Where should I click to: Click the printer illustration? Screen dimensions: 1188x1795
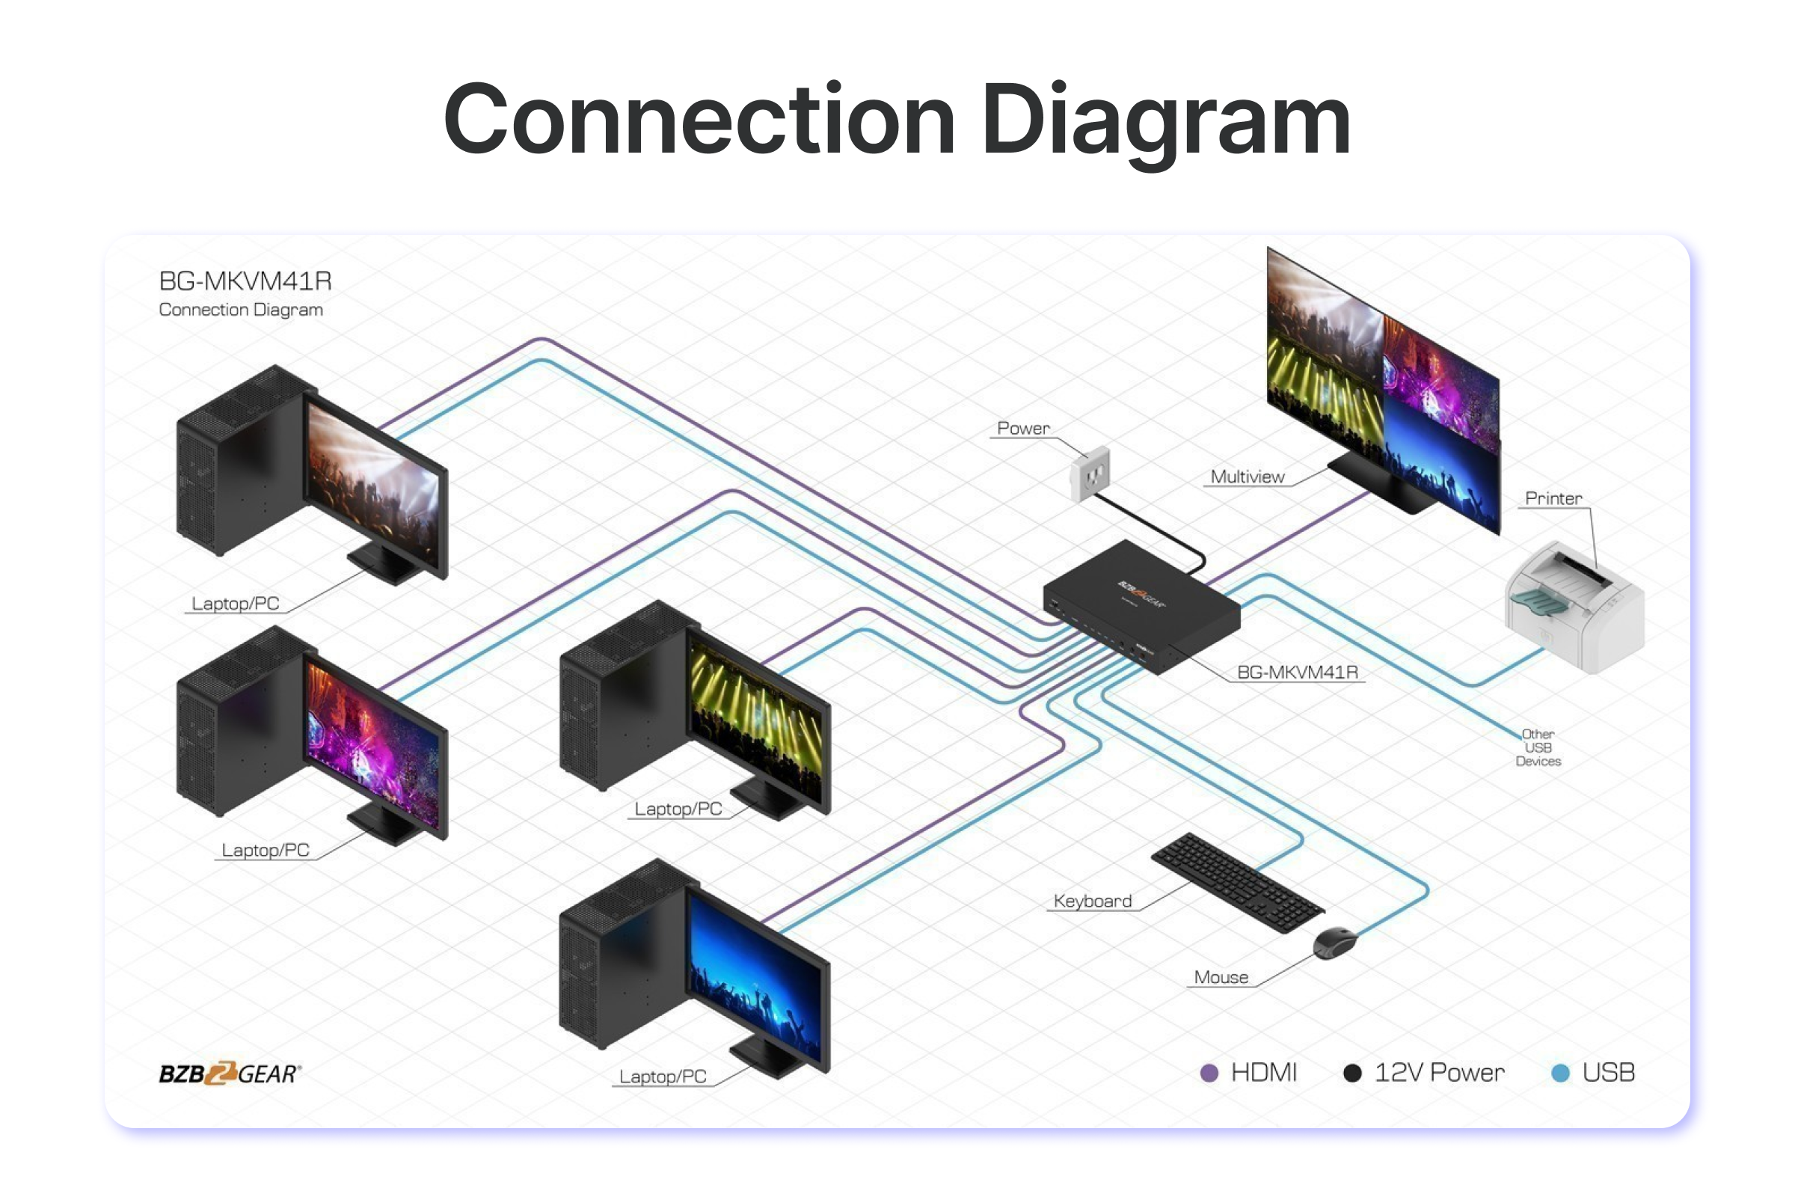pyautogui.click(x=1574, y=606)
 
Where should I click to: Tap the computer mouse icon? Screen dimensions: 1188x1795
pyautogui.click(x=1334, y=943)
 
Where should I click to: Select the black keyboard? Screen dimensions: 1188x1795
pyautogui.click(x=1238, y=882)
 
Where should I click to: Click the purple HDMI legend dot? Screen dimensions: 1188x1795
pyautogui.click(x=1209, y=1073)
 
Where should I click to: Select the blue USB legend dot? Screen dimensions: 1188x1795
pyautogui.click(x=1560, y=1073)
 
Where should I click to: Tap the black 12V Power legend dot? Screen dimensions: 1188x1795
pyautogui.click(x=1352, y=1073)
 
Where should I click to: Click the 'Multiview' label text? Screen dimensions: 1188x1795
pyautogui.click(x=1248, y=477)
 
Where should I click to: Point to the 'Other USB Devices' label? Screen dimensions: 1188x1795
pyautogui.click(x=1538, y=747)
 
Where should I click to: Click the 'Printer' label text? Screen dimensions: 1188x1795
pyautogui.click(x=1553, y=498)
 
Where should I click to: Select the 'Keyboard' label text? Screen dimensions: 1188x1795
pyautogui.click(x=1092, y=901)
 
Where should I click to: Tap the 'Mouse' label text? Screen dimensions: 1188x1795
pyautogui.click(x=1221, y=977)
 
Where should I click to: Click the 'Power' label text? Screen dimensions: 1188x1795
pyautogui.click(x=1023, y=428)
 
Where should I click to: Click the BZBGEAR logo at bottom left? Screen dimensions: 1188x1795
pyautogui.click(x=230, y=1073)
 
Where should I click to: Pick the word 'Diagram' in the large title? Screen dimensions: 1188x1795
pyautogui.click(x=1165, y=121)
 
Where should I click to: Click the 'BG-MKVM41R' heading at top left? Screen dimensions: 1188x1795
pyautogui.click(x=245, y=281)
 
